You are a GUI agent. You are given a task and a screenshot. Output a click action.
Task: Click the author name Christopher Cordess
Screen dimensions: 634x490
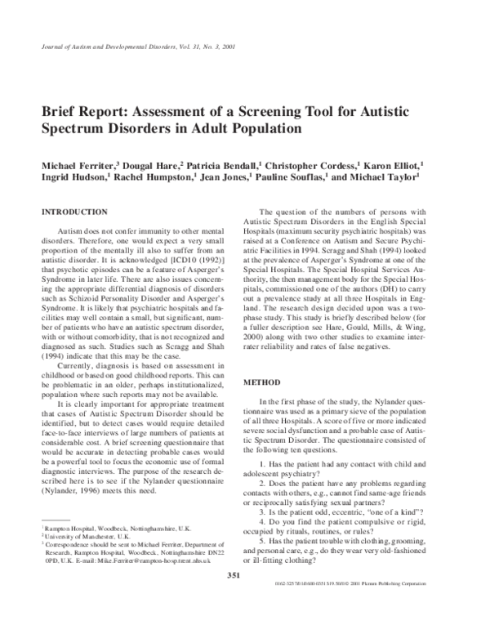click(x=319, y=165)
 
